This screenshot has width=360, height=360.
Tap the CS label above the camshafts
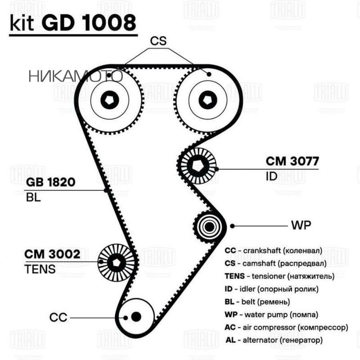pos(158,41)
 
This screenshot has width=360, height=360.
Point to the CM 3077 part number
pos(292,161)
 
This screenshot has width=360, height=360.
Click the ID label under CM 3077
pos(271,176)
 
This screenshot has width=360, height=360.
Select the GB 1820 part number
pos(51,183)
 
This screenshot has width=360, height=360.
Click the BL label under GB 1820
pos(34,198)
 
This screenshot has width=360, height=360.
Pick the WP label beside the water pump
pos(301,225)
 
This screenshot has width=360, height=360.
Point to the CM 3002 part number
pos(52,254)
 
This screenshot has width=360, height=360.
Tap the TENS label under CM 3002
pos(40,269)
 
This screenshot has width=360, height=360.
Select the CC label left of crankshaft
pos(58,317)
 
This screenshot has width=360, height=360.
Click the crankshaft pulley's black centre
pos(136,316)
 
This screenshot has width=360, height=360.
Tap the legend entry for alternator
pos(274,340)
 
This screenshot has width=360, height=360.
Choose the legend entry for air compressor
pos(286,327)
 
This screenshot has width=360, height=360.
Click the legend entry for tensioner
pos(280,276)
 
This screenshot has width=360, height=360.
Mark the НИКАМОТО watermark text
pos(75,76)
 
